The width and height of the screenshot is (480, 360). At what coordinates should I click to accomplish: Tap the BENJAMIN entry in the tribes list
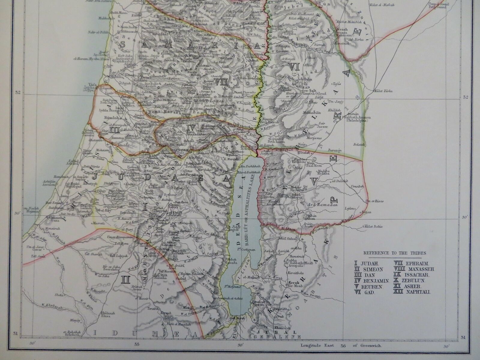pyautogui.click(x=374, y=281)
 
